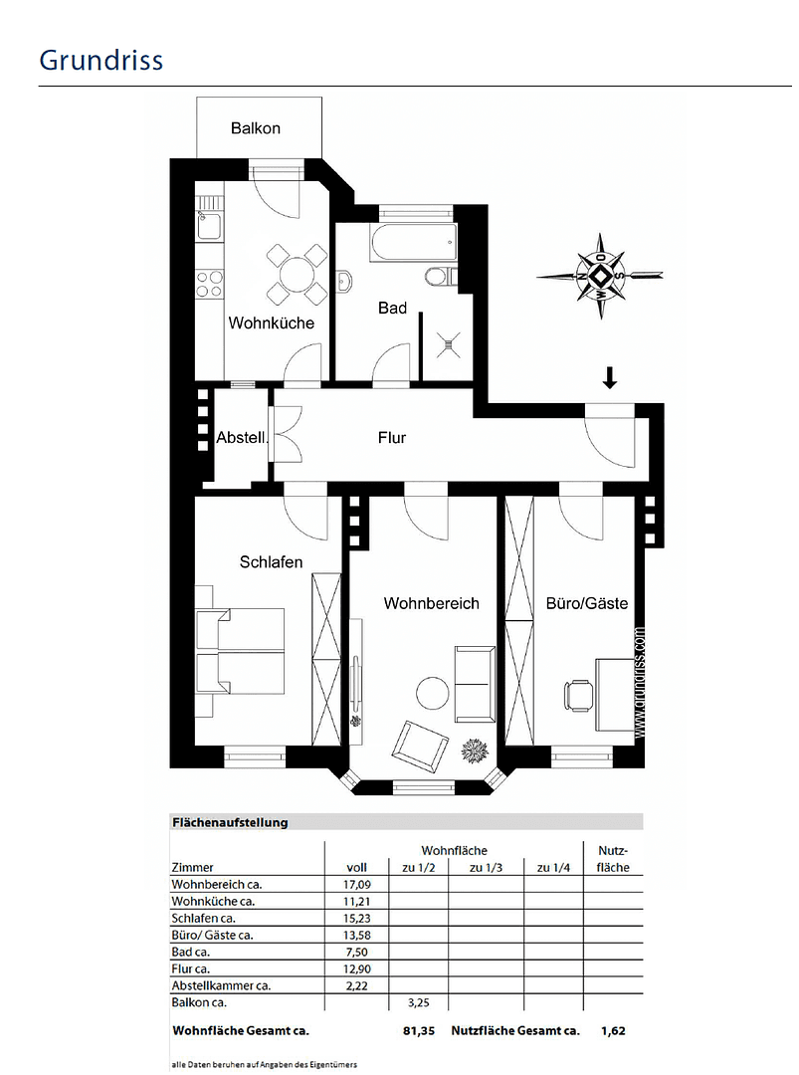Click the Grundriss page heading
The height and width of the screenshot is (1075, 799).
pyautogui.click(x=100, y=60)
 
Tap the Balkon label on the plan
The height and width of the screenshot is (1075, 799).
pyautogui.click(x=256, y=128)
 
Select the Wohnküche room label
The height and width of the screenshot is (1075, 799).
pyautogui.click(x=272, y=323)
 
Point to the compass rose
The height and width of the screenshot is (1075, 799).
pyautogui.click(x=601, y=276)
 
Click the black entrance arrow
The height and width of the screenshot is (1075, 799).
pyautogui.click(x=610, y=377)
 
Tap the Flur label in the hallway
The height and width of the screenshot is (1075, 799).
pyautogui.click(x=392, y=437)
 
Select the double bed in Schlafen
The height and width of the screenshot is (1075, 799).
pyautogui.click(x=242, y=652)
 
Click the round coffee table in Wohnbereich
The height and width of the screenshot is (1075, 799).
pyautogui.click(x=433, y=693)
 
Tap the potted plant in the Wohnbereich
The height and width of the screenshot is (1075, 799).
pyautogui.click(x=475, y=751)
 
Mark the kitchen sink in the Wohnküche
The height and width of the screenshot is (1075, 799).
pyautogui.click(x=209, y=227)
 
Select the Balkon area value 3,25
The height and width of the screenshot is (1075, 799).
pyautogui.click(x=419, y=1002)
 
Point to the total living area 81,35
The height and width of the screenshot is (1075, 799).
pyautogui.click(x=419, y=1031)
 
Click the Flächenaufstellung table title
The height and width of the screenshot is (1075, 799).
pyautogui.click(x=230, y=823)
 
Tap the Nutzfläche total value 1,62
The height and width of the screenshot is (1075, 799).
pyautogui.click(x=614, y=1031)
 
